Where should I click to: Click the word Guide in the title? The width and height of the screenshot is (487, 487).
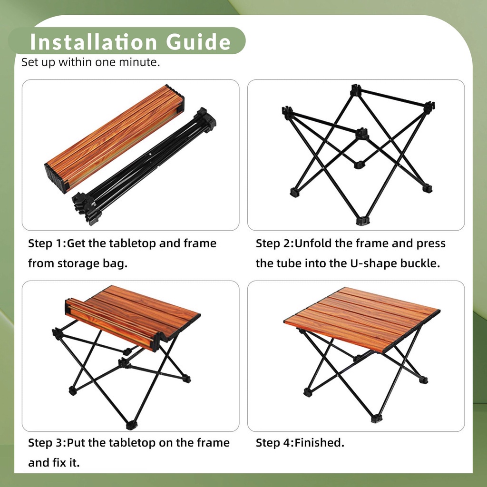(x=198, y=42)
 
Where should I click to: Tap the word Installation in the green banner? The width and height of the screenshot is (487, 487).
(x=93, y=42)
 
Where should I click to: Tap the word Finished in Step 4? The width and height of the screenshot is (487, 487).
(x=319, y=443)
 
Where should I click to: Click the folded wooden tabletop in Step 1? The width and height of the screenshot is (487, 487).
(x=114, y=138)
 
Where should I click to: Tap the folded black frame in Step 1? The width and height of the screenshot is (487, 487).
(x=144, y=166)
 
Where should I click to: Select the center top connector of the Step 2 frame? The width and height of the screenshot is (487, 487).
(x=362, y=134)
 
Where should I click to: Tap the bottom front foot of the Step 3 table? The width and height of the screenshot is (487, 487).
(x=131, y=425)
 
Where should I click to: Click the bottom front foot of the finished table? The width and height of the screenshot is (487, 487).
(x=377, y=419)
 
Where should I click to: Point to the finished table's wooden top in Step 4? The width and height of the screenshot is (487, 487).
(x=362, y=319)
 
